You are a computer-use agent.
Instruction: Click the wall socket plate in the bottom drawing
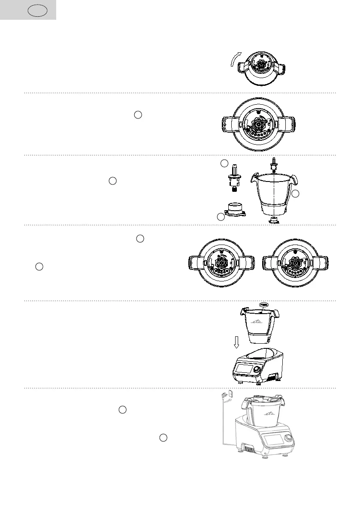(x=231, y=393)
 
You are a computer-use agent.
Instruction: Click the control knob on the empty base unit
(x=257, y=369)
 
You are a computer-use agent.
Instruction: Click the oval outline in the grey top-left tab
(x=36, y=10)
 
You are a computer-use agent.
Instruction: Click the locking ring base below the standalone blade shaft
(x=235, y=210)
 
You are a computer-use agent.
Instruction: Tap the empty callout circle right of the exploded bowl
(x=295, y=194)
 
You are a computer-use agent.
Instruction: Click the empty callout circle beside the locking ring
(x=221, y=217)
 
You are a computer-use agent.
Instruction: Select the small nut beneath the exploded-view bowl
(x=273, y=221)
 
